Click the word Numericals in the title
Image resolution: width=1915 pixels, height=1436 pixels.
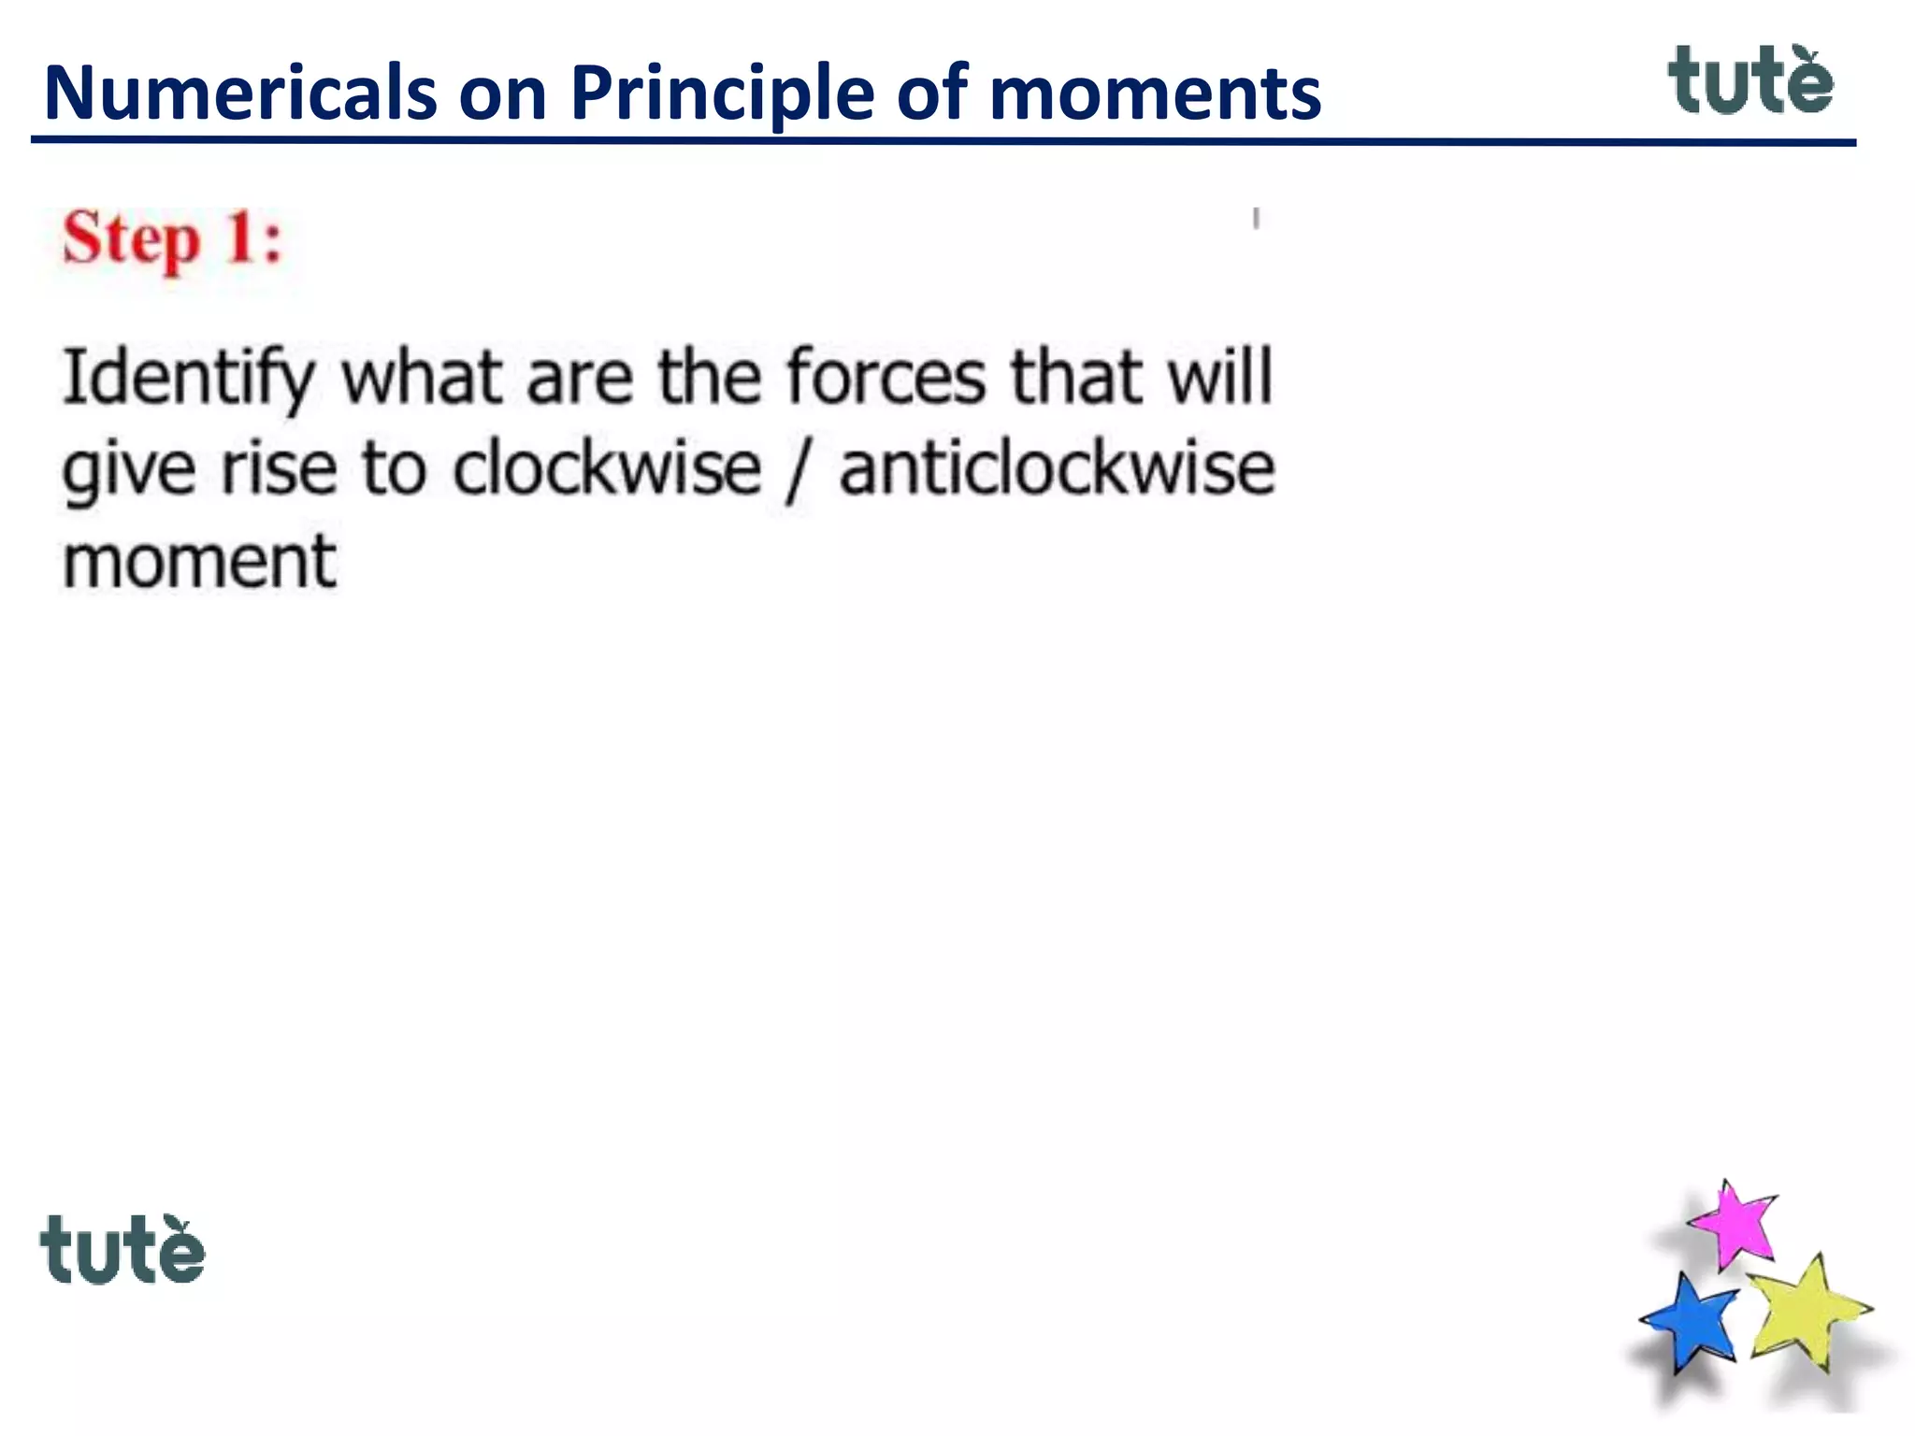(x=239, y=93)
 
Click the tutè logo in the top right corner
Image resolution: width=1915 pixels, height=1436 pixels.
(x=1750, y=81)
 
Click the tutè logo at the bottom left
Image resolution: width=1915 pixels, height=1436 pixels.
(x=122, y=1250)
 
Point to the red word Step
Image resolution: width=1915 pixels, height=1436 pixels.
(x=131, y=239)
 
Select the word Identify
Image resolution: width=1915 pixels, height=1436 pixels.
(x=188, y=378)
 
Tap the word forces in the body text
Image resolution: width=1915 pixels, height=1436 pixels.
(x=886, y=378)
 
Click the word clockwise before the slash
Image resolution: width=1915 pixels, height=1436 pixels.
(x=607, y=468)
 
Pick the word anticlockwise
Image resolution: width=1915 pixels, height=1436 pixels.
(x=1057, y=468)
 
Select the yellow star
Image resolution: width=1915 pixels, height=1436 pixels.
(x=1807, y=1311)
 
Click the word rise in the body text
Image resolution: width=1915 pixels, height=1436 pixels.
(x=278, y=468)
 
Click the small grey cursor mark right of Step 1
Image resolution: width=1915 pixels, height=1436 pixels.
(x=1256, y=219)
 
